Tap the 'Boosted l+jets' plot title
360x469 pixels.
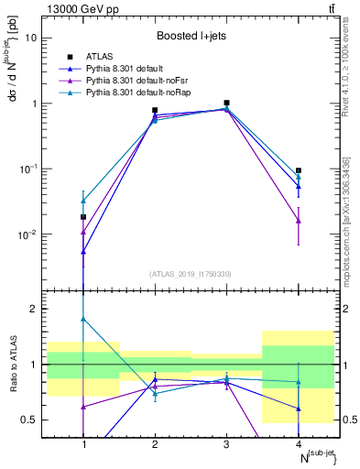click(x=191, y=37)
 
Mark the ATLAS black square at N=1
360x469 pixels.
click(x=83, y=217)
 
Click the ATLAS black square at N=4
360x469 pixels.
click(x=299, y=170)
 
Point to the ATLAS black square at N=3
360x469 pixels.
click(x=226, y=103)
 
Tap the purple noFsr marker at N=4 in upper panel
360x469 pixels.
click(x=299, y=221)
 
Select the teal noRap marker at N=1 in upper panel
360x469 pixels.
click(x=83, y=201)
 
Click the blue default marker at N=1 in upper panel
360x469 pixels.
click(x=83, y=251)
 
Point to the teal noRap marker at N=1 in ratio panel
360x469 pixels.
click(x=83, y=319)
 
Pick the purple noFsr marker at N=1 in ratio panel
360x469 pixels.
click(x=83, y=406)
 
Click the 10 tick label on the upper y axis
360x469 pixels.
click(x=33, y=38)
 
